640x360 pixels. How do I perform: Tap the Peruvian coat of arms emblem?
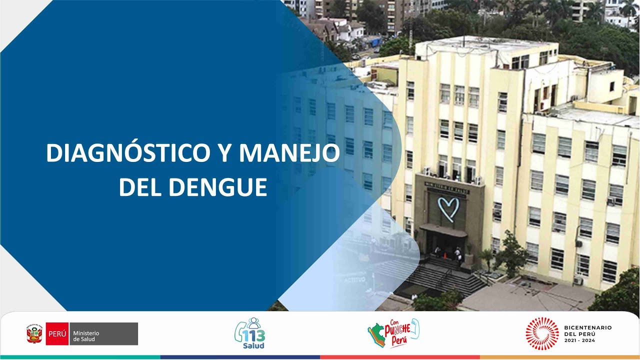click(x=34, y=334)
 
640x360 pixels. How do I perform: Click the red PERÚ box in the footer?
click(x=57, y=333)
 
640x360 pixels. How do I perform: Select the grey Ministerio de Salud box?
click(x=103, y=333)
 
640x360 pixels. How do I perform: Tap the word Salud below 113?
click(x=254, y=345)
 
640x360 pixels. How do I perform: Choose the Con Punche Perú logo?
click(x=393, y=333)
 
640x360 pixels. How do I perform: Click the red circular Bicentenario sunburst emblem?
click(x=542, y=333)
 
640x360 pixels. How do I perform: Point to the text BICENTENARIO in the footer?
click(x=587, y=327)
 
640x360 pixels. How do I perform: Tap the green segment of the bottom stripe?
click(x=80, y=357)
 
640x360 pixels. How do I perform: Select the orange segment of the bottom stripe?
click(x=560, y=357)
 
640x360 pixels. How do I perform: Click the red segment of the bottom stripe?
click(x=400, y=357)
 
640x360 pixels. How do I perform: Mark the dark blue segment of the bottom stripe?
click(x=240, y=357)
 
